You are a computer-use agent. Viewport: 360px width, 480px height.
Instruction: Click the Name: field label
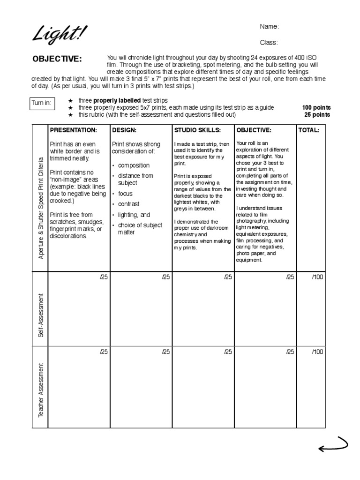(x=270, y=27)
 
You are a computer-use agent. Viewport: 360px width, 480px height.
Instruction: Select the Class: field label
(x=269, y=43)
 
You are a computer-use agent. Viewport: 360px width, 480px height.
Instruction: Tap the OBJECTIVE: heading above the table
(x=57, y=59)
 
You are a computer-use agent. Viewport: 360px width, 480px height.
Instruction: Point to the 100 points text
(x=316, y=108)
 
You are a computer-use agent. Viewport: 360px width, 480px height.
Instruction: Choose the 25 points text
(x=317, y=115)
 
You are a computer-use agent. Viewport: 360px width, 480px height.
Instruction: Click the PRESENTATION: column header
(x=74, y=130)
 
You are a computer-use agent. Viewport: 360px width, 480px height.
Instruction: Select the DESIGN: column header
(x=124, y=130)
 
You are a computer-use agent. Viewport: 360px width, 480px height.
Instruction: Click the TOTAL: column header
(x=308, y=130)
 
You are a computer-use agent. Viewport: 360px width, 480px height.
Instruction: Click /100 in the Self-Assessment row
(x=317, y=277)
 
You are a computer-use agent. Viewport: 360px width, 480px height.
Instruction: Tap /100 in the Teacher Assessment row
(x=317, y=352)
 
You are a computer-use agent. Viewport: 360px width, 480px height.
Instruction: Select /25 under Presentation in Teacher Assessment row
(x=104, y=352)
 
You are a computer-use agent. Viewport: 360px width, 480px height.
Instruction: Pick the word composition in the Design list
(x=134, y=165)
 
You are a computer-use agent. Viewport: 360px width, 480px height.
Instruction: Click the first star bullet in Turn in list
(x=70, y=101)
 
